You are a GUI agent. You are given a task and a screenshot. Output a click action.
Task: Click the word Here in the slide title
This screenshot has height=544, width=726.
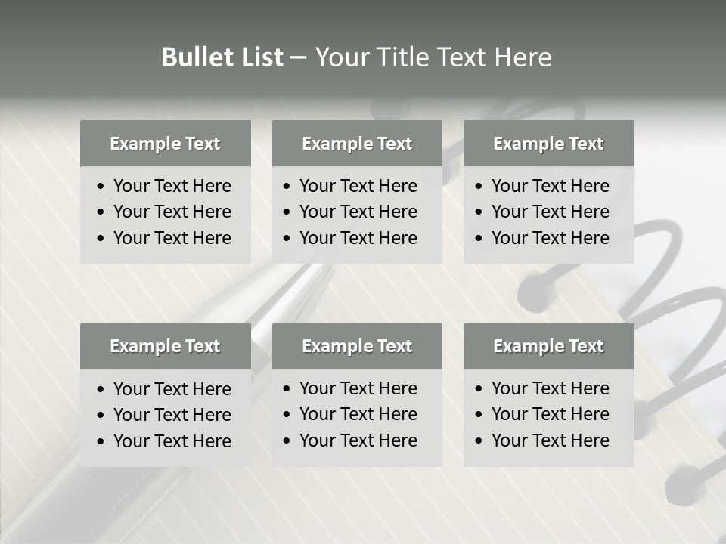click(523, 57)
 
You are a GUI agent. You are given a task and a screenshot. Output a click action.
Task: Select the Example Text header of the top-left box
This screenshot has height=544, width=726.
click(165, 144)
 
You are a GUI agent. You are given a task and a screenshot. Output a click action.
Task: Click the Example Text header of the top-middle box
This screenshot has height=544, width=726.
click(357, 144)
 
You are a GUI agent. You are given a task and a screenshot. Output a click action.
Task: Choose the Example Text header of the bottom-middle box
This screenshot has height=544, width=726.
click(357, 346)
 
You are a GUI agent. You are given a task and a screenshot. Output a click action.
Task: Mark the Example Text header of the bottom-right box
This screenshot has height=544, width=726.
click(548, 346)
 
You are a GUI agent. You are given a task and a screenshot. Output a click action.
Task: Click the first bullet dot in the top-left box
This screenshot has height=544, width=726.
click(101, 187)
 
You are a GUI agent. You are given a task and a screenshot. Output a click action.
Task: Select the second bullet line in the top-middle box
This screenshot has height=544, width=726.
click(358, 212)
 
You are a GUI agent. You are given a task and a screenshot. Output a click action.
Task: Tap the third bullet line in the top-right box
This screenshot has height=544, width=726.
click(550, 238)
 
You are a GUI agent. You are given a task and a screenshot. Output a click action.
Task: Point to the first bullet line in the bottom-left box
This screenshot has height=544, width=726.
click(172, 389)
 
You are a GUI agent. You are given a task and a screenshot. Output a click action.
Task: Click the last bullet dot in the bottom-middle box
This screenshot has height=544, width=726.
click(287, 441)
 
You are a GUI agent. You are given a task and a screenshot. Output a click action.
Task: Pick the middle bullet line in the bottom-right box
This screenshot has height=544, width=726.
click(550, 414)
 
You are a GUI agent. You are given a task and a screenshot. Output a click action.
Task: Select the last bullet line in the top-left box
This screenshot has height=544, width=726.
click(172, 238)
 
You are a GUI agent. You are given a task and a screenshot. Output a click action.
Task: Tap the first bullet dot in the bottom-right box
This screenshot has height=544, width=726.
click(479, 389)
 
